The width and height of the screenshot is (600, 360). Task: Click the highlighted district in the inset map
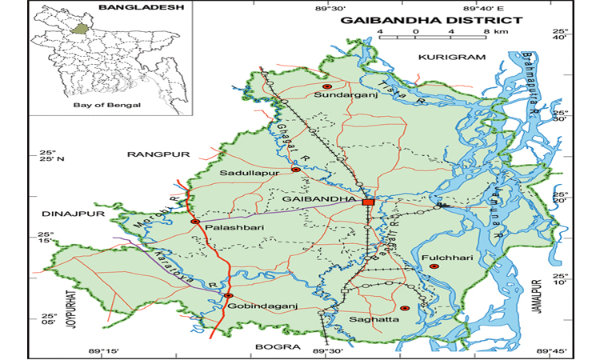[78, 29]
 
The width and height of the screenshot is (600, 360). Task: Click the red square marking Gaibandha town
[368, 202]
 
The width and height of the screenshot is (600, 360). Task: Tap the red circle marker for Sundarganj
[326, 86]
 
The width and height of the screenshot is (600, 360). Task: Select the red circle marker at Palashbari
[194, 222]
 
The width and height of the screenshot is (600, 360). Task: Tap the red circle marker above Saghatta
[404, 308]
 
